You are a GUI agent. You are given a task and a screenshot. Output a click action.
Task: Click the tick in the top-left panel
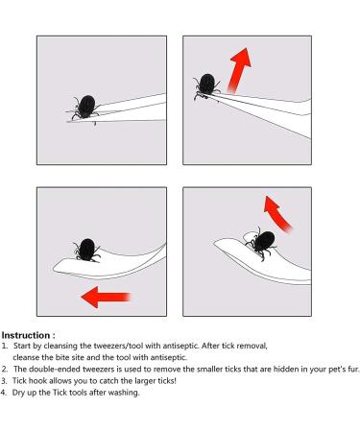pos(85,108)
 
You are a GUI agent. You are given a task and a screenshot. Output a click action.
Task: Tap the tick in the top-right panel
pos(206,85)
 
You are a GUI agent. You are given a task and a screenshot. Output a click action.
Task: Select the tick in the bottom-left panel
pos(86,251)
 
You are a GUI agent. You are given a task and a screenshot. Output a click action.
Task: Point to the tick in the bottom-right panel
pos(262,243)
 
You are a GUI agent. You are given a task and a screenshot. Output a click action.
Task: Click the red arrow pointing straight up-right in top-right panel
pos(239,70)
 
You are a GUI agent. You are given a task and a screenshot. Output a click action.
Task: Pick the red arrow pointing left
pos(106,297)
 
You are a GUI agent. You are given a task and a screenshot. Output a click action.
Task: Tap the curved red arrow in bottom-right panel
pos(277,215)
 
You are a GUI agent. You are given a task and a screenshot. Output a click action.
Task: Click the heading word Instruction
pos(26,335)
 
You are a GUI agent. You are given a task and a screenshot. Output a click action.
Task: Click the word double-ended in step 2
pos(55,369)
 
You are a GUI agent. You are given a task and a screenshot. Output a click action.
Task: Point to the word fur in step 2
pos(353,369)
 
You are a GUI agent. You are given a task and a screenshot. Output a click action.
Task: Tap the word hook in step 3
pos(37,381)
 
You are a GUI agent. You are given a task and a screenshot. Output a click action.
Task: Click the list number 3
pos(4,381)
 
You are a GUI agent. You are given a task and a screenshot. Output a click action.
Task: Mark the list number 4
pos(4,393)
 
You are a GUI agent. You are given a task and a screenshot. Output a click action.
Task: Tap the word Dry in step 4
pos(18,393)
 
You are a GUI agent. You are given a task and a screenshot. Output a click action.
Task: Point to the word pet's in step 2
pos(336,370)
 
